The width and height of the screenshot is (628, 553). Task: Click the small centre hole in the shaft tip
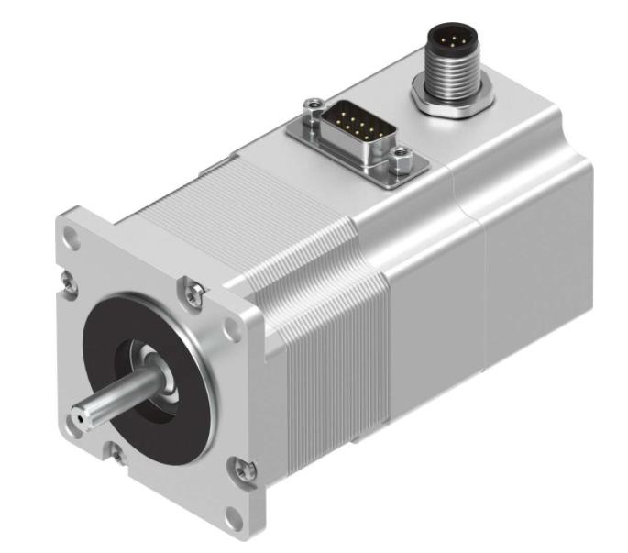(x=80, y=417)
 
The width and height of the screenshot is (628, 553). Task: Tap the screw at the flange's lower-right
(x=241, y=470)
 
